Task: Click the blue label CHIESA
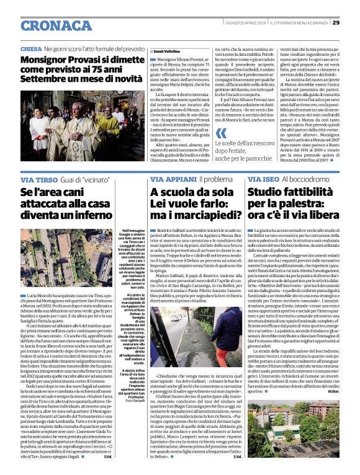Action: click(x=31, y=48)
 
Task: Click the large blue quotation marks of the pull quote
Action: click(x=220, y=133)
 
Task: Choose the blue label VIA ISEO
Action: click(x=265, y=179)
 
